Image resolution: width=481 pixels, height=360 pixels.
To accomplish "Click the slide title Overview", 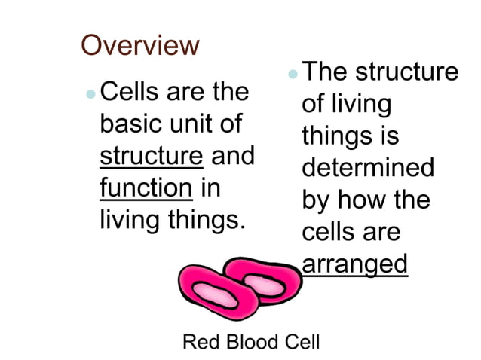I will pos(140,46).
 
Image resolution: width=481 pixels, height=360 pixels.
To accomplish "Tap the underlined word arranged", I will pos(354,265).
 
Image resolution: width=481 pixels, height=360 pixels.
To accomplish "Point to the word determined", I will pos(368,168).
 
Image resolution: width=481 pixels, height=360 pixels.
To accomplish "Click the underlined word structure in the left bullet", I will pos(152,156).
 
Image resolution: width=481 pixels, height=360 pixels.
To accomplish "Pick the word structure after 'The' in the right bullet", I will pos(406,73).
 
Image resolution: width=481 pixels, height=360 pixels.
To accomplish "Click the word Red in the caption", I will pos(200,342).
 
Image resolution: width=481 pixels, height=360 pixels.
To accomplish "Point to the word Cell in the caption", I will pos(301,342).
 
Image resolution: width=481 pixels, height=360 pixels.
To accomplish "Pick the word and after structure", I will pos(232,156).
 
